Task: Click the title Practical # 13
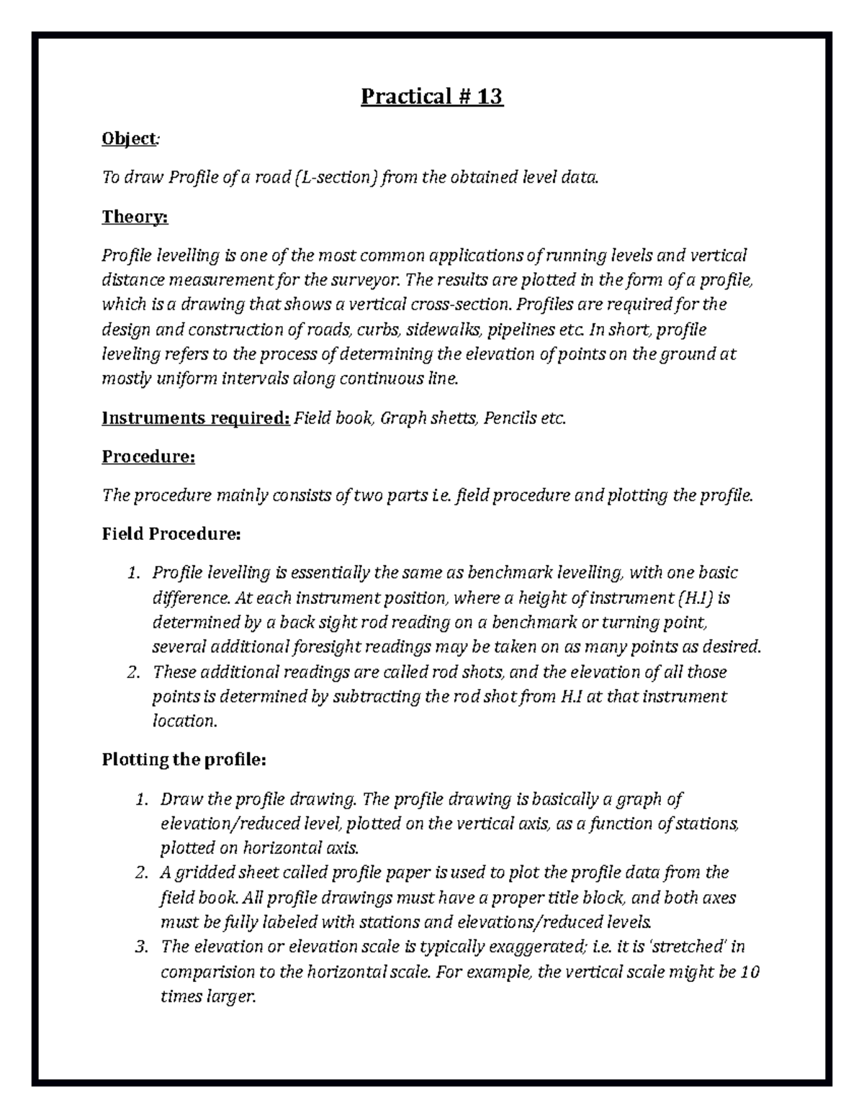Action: pos(431,96)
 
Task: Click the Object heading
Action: pos(128,138)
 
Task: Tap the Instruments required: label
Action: pos(195,418)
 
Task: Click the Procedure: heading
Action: pos(148,456)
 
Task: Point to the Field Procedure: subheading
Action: pos(171,534)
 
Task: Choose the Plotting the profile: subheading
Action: pos(184,759)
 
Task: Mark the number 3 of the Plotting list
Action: pos(140,947)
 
